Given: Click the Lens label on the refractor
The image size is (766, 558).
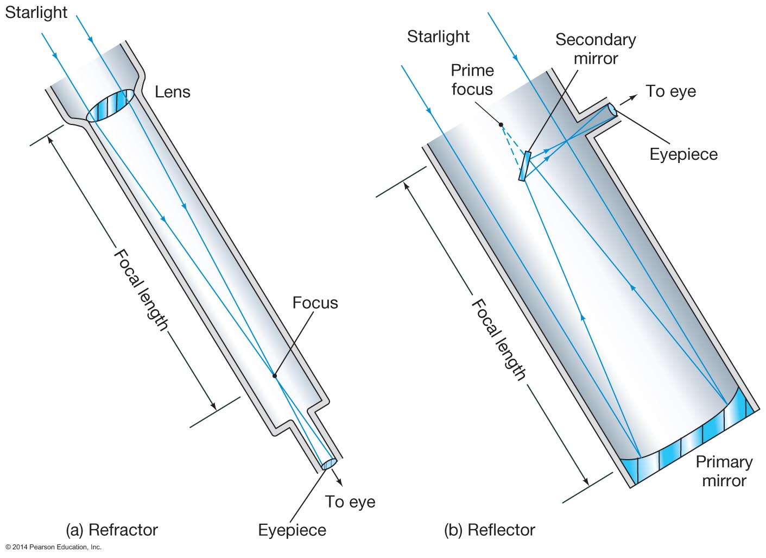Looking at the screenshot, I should [x=172, y=92].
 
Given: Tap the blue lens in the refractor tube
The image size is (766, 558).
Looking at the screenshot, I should [x=110, y=105].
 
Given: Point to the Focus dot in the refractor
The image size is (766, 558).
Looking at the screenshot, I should [x=275, y=375].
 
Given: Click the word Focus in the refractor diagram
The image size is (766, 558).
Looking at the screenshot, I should [x=315, y=303].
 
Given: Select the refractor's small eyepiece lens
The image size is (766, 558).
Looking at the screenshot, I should [x=328, y=464].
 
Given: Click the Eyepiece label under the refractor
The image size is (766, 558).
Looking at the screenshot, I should [x=292, y=530].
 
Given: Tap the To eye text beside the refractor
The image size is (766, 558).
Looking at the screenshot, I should [x=350, y=501].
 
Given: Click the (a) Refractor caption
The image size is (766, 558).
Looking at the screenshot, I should [x=112, y=530].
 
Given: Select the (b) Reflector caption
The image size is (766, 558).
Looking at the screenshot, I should [x=490, y=530].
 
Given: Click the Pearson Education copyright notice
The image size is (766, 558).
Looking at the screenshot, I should [x=54, y=547].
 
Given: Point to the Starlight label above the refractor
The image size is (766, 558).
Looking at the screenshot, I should [x=36, y=12].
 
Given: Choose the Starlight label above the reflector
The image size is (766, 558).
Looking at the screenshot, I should [x=438, y=36].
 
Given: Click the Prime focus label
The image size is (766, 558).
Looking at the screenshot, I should [x=472, y=79].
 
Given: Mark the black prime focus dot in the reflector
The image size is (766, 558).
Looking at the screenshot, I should [x=501, y=124].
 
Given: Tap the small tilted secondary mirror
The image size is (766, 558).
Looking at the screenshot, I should [x=524, y=166].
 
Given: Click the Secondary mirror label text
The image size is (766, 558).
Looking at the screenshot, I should [x=596, y=49].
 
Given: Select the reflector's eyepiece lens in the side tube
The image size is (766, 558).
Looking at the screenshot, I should [x=612, y=110].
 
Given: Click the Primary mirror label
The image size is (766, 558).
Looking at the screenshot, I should [x=724, y=471].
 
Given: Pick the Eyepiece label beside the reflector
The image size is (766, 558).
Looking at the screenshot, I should [x=683, y=154].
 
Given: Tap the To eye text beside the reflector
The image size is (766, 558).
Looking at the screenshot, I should [x=670, y=91].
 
